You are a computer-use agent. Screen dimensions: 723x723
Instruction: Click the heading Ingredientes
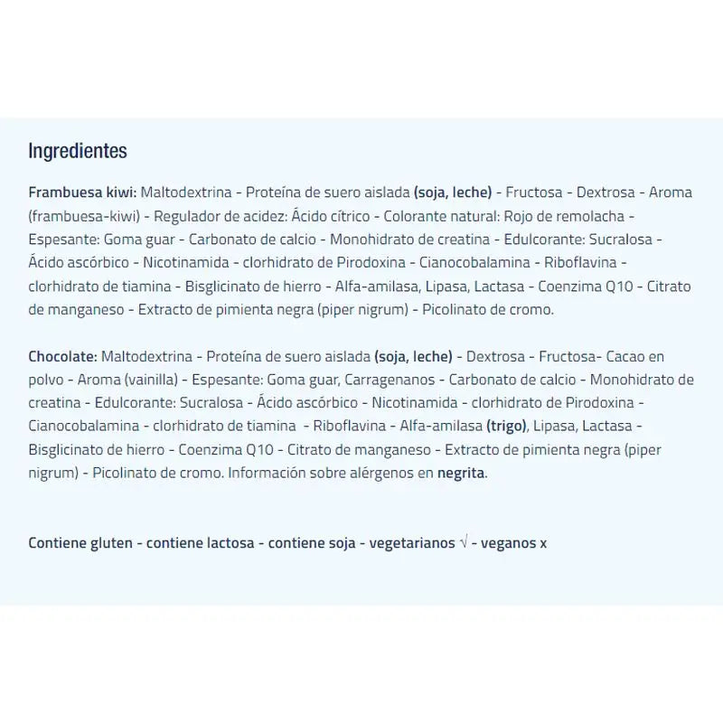(x=78, y=151)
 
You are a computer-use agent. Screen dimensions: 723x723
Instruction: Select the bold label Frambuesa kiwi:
(x=82, y=192)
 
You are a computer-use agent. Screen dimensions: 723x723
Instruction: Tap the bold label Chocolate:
(x=63, y=355)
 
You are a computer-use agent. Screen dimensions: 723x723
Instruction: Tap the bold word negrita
(x=462, y=473)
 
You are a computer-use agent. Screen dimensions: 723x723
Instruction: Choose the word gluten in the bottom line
(x=108, y=543)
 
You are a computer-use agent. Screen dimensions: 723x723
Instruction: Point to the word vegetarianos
(x=411, y=543)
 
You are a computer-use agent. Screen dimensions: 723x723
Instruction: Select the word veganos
(x=508, y=543)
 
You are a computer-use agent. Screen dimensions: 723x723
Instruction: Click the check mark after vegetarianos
(x=463, y=543)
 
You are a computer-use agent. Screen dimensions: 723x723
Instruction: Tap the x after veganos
(x=543, y=543)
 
